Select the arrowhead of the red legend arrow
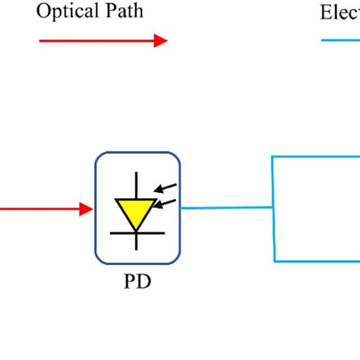(x=160, y=41)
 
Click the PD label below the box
(x=137, y=283)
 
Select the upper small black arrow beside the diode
(x=168, y=187)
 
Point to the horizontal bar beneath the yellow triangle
(x=137, y=232)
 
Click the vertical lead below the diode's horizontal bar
(x=137, y=240)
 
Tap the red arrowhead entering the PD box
(x=86, y=208)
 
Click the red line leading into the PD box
(x=38, y=208)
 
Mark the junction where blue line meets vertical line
(x=273, y=207)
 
